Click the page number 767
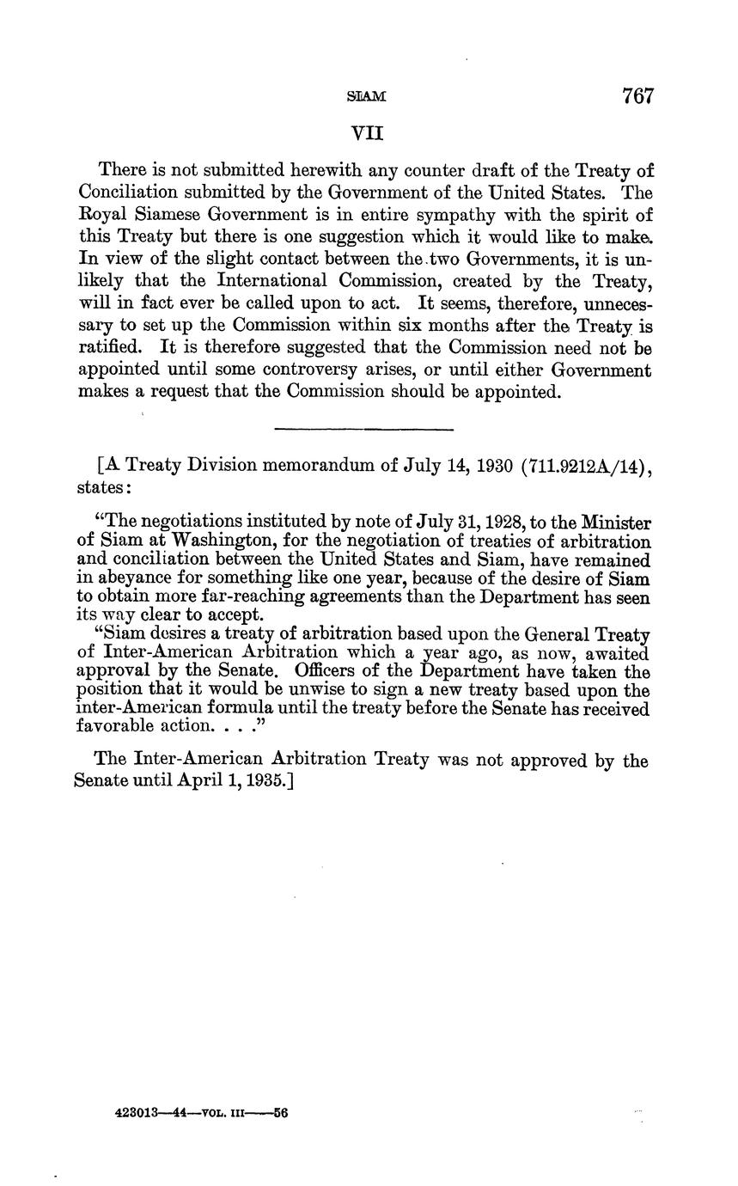(x=637, y=96)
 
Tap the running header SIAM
(x=367, y=98)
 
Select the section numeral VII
(x=367, y=134)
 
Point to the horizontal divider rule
(x=363, y=428)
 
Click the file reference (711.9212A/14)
(x=587, y=466)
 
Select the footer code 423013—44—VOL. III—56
(x=201, y=1112)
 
